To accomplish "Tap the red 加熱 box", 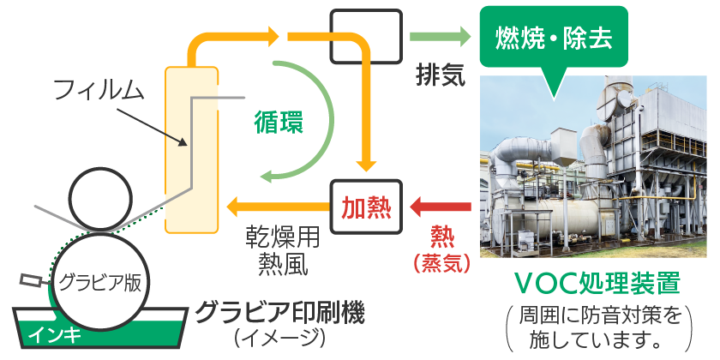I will pyautogui.click(x=366, y=207).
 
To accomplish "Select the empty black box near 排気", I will pyautogui.click(x=366, y=37).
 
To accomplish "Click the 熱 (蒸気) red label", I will pyautogui.click(x=441, y=248).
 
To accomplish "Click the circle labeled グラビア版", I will pyautogui.click(x=99, y=281).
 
